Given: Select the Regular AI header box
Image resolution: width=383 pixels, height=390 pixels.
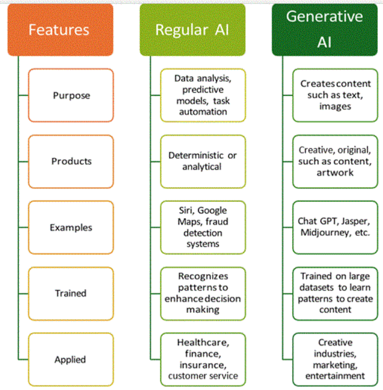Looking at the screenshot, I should point(193,29).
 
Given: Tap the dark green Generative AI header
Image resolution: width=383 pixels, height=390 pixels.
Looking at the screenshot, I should point(325,29).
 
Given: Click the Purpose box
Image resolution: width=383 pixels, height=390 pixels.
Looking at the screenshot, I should point(71,95).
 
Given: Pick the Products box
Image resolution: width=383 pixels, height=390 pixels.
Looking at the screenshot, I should point(71,161).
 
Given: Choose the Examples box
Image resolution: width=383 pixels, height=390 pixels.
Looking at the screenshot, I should point(71,227).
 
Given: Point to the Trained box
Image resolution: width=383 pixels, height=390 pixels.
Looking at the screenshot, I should point(71,293).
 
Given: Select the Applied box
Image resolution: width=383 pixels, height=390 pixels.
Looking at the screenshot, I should point(71,360).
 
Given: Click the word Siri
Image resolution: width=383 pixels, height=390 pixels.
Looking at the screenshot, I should point(186,210).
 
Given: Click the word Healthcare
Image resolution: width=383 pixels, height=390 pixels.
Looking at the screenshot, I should point(203,343).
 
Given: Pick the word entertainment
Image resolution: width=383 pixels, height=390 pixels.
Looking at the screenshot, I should point(335,375).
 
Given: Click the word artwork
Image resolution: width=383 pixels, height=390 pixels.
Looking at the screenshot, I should point(335,172).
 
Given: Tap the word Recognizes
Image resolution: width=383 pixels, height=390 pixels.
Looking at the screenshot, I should point(203,276).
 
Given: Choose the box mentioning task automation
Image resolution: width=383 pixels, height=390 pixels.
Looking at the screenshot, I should point(203,95).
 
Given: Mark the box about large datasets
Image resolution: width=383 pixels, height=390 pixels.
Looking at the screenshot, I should point(335,293).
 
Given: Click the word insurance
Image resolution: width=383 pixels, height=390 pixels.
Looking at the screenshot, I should point(203,365).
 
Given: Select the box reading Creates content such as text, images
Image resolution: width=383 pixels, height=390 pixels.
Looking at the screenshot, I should point(335,95).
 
